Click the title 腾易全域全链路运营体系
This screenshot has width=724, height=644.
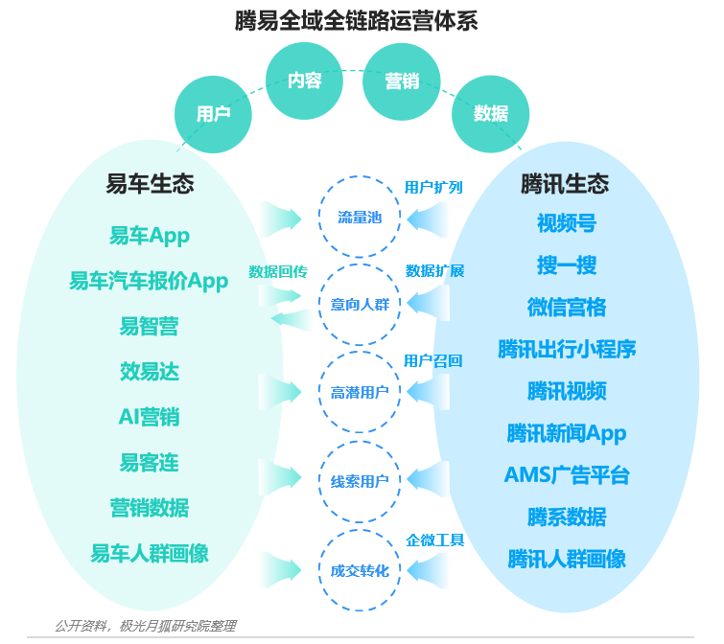click(x=356, y=21)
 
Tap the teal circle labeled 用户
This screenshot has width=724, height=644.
click(x=213, y=114)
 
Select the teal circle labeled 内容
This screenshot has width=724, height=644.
click(x=304, y=80)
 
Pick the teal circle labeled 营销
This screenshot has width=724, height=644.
click(x=401, y=81)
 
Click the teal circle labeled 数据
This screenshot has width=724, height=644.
click(x=490, y=113)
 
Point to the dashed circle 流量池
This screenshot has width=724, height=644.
click(x=360, y=176)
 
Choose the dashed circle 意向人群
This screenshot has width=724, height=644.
click(x=360, y=264)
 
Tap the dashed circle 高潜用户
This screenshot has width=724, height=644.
click(x=360, y=352)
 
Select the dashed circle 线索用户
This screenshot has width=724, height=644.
click(x=360, y=442)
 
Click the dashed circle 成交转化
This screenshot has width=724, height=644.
click(x=360, y=530)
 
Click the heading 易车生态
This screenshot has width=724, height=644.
click(x=150, y=184)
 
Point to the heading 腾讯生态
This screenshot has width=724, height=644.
click(x=565, y=184)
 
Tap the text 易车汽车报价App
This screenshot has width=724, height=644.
click(x=149, y=281)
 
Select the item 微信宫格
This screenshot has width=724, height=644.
click(x=567, y=308)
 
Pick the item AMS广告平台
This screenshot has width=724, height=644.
click(x=567, y=475)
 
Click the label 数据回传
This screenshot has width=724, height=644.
click(x=278, y=272)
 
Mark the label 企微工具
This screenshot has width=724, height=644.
click(x=435, y=540)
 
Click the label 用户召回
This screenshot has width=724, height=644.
click(x=433, y=360)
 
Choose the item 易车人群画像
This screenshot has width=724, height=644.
click(x=150, y=553)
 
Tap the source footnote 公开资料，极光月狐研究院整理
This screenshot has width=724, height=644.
click(x=146, y=626)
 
